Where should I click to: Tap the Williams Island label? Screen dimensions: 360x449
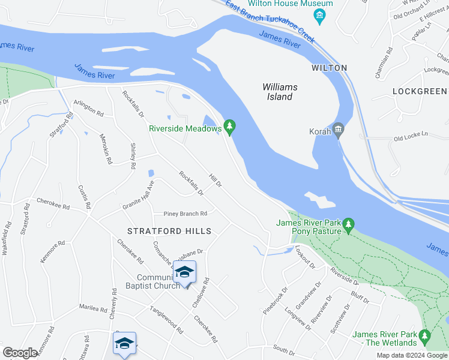pos(280,92)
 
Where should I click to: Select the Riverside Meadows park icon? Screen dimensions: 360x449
pos(229,127)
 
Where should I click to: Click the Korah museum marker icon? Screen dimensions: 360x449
pos(338,130)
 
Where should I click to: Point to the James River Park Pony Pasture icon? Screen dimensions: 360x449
pos(349,226)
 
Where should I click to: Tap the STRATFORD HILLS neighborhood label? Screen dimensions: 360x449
pos(169,231)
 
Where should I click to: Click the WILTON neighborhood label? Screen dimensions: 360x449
pos(330,68)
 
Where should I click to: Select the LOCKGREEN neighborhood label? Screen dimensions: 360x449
pos(420,91)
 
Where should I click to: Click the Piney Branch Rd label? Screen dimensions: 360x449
pos(185,214)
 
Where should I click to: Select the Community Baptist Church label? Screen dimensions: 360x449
pos(158,281)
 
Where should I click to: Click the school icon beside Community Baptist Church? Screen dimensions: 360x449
pos(185,272)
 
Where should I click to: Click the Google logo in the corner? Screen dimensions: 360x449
pos(20,353)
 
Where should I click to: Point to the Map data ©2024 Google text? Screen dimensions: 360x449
pos(411,355)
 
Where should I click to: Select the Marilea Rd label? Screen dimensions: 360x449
pos(92,308)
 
